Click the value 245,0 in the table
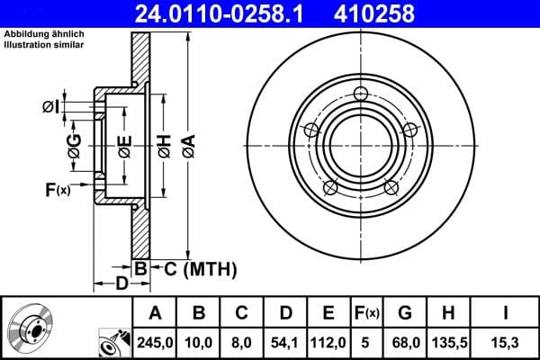point(155,342)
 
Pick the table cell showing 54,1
point(285,342)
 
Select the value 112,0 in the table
point(329,342)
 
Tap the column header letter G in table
point(405,313)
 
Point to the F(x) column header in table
point(367,313)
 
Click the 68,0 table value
point(405,342)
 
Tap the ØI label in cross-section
point(51,107)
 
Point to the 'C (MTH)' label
point(200,268)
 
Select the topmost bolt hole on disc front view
point(362,94)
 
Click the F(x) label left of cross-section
point(58,189)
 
